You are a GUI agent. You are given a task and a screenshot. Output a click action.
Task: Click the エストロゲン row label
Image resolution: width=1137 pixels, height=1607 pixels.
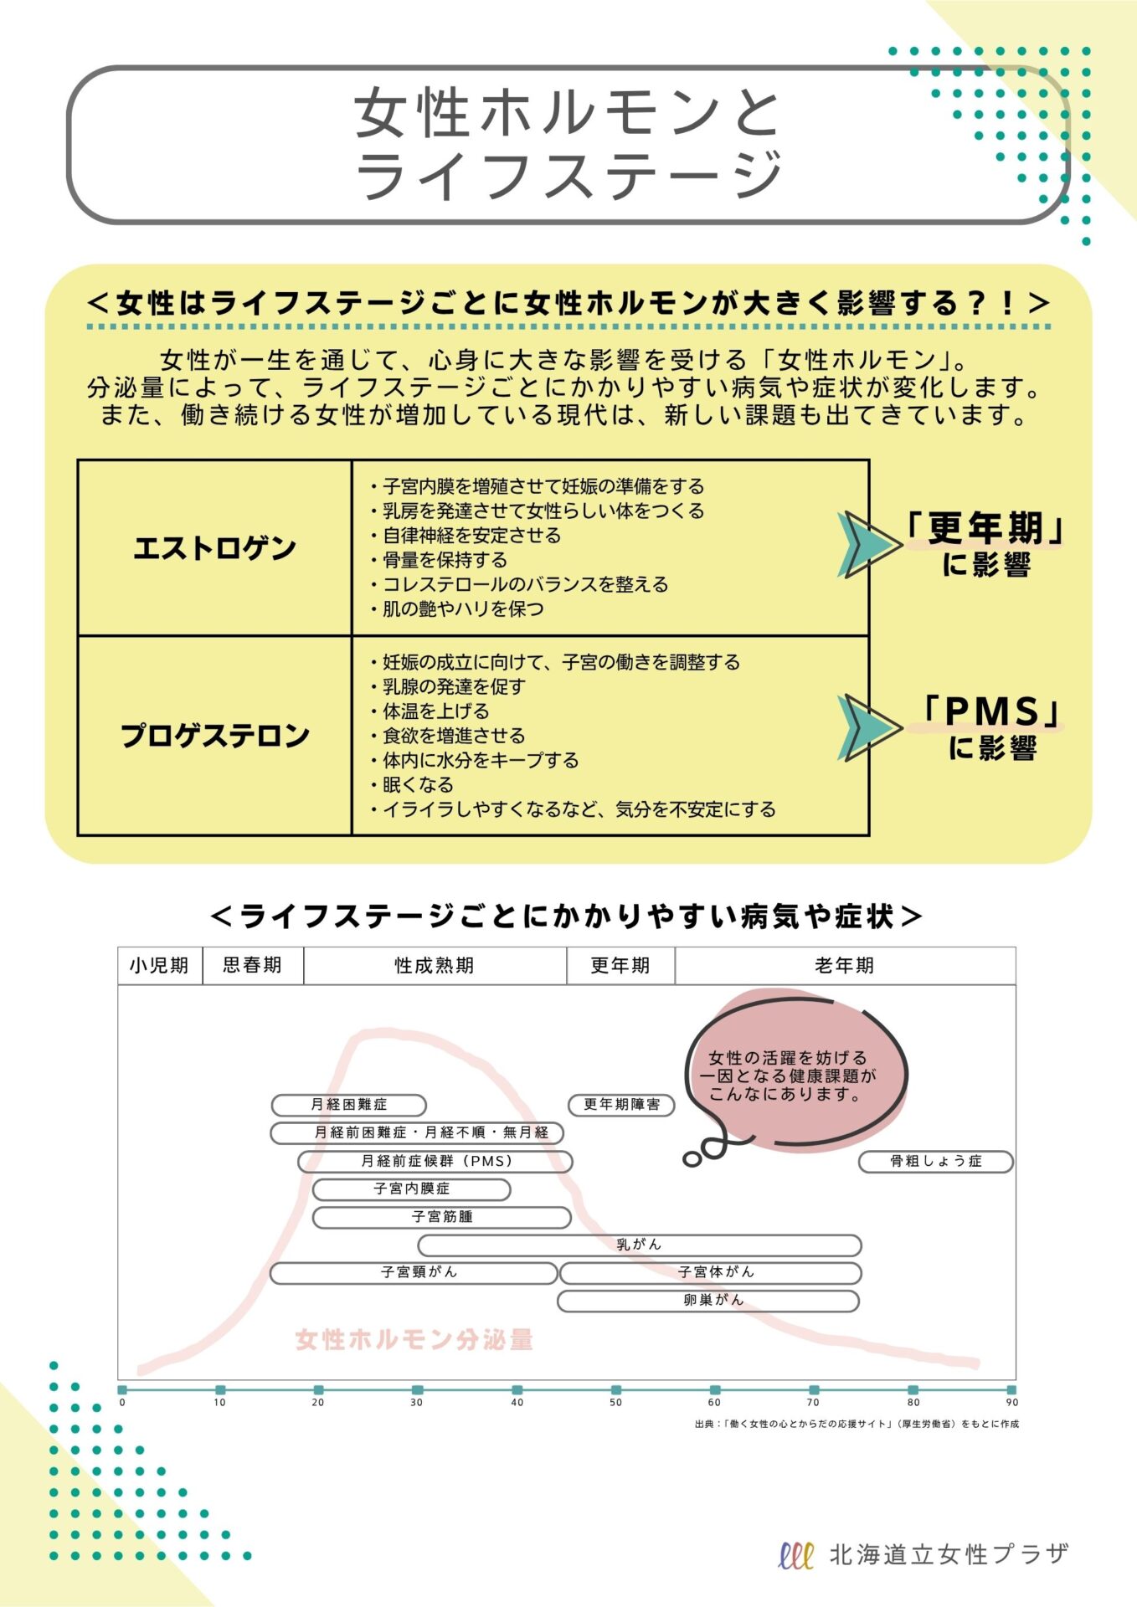pos(215,548)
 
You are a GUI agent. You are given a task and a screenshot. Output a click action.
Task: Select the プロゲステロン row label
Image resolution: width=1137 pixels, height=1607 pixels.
pos(215,736)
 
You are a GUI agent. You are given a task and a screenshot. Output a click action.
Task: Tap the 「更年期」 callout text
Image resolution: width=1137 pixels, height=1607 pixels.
pos(985,528)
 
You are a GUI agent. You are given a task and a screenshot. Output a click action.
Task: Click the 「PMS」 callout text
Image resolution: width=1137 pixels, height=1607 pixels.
pos(992,712)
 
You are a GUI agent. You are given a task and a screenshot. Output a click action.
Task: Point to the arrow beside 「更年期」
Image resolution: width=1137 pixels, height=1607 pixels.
pos(867,544)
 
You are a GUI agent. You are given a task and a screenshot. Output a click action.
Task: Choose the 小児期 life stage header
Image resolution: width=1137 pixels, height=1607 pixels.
pos(159,965)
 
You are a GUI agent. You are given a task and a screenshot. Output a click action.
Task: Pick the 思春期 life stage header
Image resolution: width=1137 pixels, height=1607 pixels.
pos(252,965)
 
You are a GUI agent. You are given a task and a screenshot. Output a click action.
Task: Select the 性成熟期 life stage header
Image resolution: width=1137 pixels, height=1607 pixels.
pos(435,965)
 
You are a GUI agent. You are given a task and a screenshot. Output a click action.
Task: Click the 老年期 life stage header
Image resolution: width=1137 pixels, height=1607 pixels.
pos(844,965)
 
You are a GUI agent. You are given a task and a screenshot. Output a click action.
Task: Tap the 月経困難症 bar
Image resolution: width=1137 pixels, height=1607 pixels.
pos(349,1105)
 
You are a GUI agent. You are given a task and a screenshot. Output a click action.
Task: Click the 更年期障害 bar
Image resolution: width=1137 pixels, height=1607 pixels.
pos(621,1105)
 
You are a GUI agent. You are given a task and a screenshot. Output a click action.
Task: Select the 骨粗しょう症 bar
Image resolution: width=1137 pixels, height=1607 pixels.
pos(935,1161)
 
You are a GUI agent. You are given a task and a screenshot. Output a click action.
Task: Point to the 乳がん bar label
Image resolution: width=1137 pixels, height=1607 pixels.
pos(639,1245)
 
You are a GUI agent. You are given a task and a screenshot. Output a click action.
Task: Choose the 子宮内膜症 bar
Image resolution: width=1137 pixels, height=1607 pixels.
pos(411,1189)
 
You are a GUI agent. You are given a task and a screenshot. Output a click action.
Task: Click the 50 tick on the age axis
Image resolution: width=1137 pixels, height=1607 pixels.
pos(616,1390)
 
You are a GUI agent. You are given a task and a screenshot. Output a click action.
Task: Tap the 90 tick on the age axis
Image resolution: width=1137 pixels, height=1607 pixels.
pos(1011,1390)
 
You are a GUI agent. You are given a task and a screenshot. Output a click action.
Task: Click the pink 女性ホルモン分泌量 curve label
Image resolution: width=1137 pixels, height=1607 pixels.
pos(414,1340)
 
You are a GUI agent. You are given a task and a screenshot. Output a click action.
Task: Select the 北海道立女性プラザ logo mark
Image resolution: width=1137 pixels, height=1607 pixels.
pos(795,1555)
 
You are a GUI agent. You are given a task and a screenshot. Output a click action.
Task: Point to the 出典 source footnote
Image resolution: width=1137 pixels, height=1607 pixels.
pos(857,1424)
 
